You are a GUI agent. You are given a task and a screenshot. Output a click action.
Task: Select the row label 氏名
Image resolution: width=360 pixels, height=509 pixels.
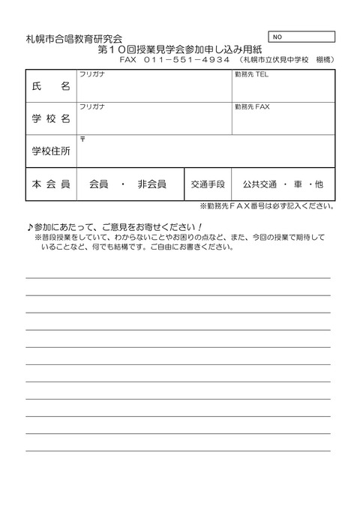pyautogui.click(x=52, y=86)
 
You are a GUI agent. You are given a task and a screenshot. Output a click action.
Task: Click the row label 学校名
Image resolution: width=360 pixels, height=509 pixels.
pyautogui.click(x=52, y=118)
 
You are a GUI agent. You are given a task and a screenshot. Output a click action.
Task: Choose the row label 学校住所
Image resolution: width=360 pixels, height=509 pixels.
pyautogui.click(x=52, y=151)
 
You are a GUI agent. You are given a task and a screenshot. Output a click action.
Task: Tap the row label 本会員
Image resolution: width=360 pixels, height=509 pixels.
pyautogui.click(x=52, y=184)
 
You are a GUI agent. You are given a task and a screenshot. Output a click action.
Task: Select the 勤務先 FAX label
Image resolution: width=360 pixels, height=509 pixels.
pyautogui.click(x=251, y=107)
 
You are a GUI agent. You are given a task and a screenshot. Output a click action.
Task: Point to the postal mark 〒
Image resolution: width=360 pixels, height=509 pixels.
pyautogui.click(x=82, y=139)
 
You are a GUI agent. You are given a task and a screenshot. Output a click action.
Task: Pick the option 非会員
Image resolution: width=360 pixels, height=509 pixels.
pyautogui.click(x=152, y=184)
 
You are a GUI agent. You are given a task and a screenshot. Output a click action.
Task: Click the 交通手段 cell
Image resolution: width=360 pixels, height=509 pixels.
pyautogui.click(x=208, y=184)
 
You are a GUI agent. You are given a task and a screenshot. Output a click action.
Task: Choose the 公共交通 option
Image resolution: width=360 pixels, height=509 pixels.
pyautogui.click(x=259, y=184)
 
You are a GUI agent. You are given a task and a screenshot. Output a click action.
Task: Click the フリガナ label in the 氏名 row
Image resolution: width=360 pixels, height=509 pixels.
pyautogui.click(x=91, y=75)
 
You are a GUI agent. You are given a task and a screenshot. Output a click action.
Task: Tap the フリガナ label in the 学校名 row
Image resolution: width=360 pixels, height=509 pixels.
pyautogui.click(x=91, y=107)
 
